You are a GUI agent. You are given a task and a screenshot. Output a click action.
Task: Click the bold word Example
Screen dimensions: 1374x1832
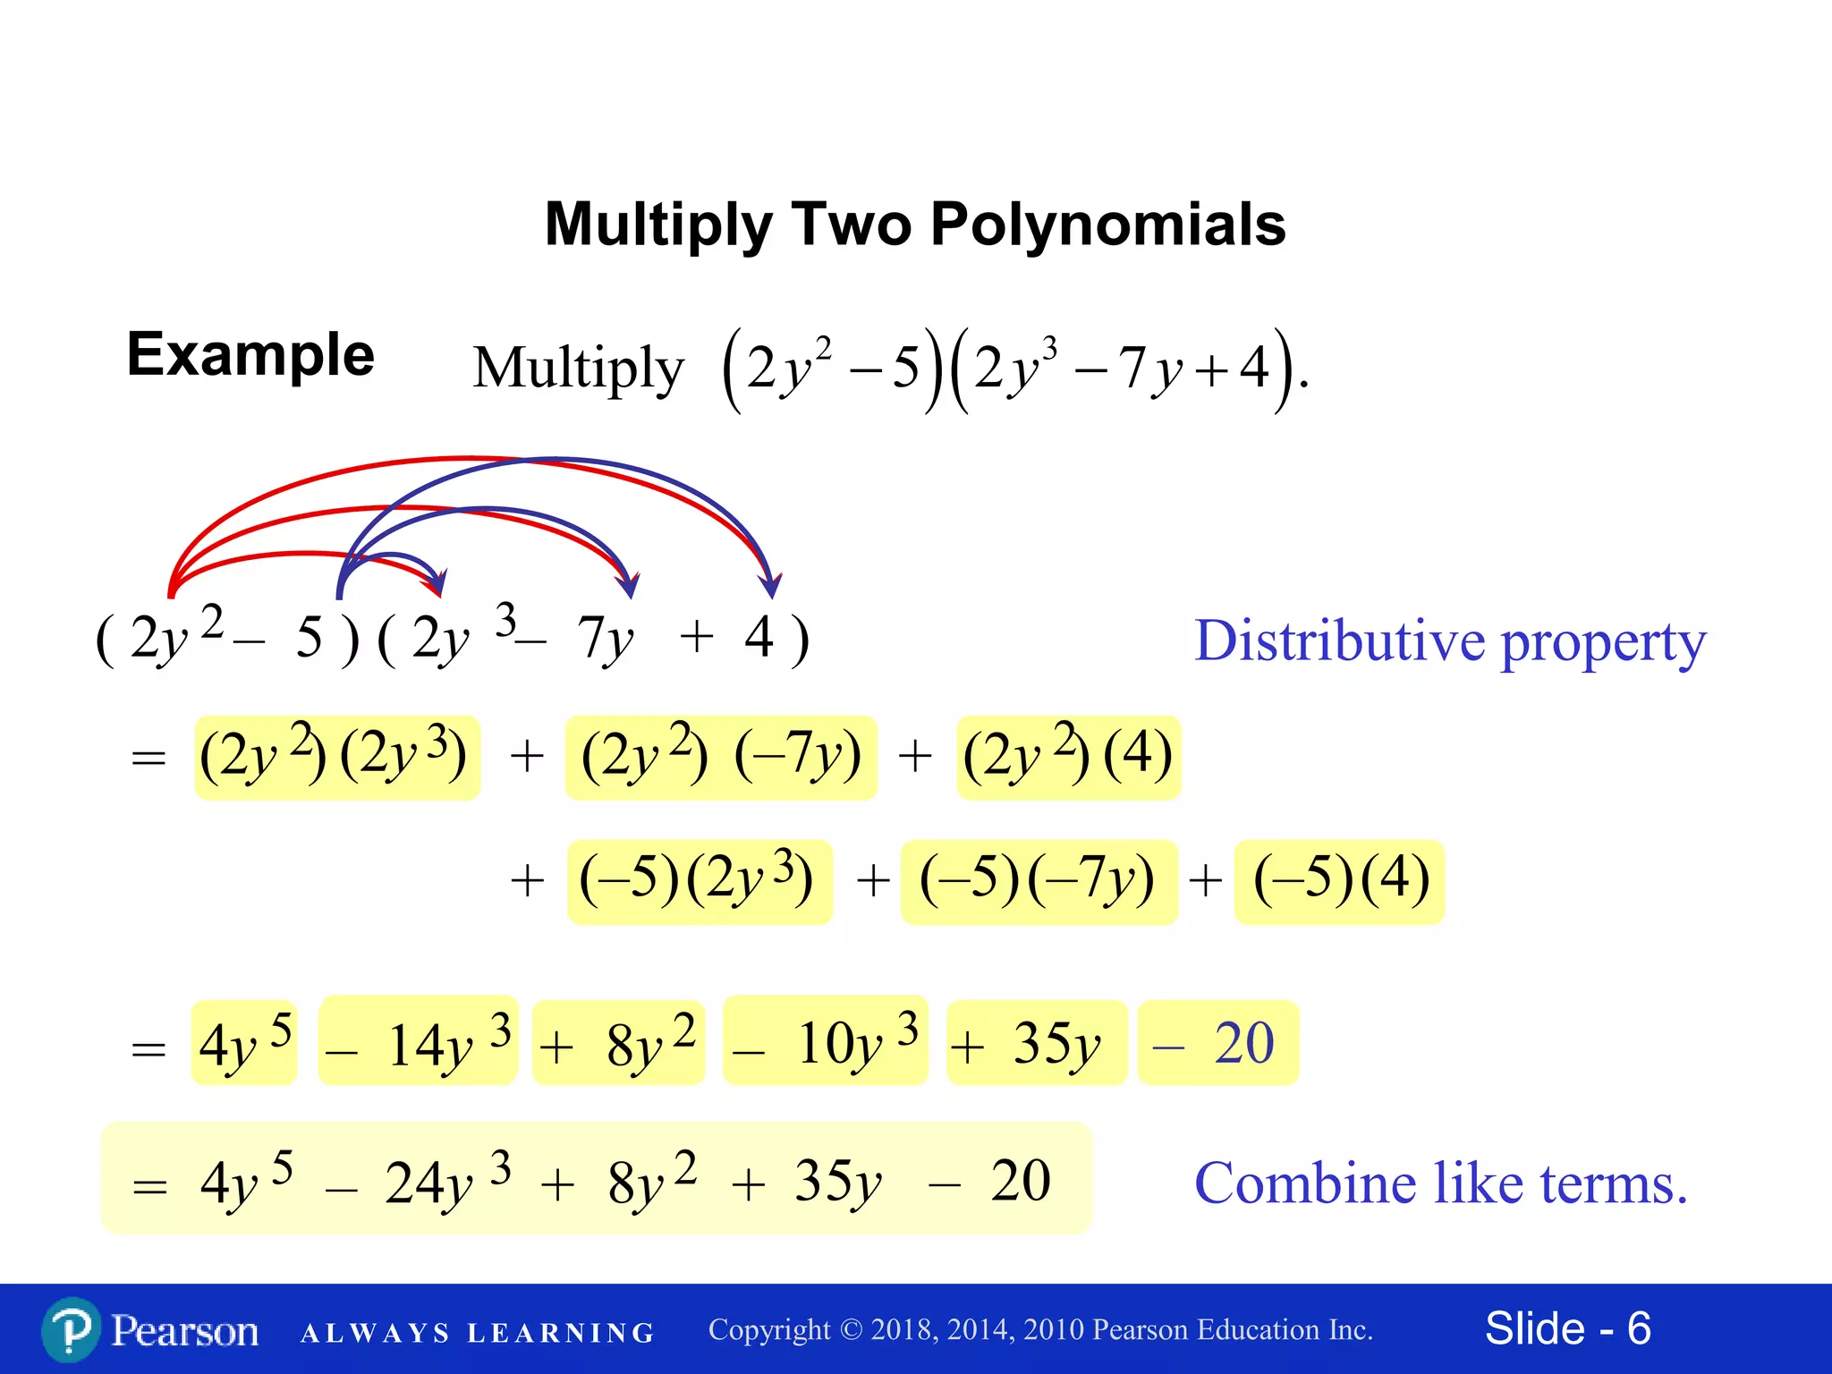pyautogui.click(x=250, y=355)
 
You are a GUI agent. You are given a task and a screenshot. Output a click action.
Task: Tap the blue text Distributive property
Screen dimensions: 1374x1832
pyautogui.click(x=1450, y=641)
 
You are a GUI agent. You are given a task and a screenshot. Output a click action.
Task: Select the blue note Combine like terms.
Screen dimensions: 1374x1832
pyautogui.click(x=1440, y=1183)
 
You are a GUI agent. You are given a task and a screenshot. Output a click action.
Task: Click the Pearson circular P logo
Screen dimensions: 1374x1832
pyautogui.click(x=71, y=1330)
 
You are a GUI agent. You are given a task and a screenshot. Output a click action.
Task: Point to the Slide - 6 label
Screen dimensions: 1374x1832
pyautogui.click(x=1567, y=1328)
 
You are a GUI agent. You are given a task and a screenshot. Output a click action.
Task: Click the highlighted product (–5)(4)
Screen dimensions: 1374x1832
pyautogui.click(x=1339, y=881)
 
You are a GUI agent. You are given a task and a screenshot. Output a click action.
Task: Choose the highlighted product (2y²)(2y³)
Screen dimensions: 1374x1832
pyautogui.click(x=336, y=757)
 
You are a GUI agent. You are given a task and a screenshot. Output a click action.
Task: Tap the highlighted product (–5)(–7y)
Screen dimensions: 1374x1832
pyautogui.click(x=1038, y=881)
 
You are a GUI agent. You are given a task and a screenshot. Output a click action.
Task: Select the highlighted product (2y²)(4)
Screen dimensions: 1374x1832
pyautogui.click(x=1068, y=757)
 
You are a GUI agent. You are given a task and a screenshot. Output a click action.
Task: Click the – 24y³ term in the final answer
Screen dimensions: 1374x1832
pyautogui.click(x=420, y=1183)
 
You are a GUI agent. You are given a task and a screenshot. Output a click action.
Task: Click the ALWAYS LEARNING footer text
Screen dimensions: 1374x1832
pyautogui.click(x=478, y=1333)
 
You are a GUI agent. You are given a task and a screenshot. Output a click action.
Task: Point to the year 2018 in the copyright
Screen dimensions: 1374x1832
pyautogui.click(x=903, y=1330)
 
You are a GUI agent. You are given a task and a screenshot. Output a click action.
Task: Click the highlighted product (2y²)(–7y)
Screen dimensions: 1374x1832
pyautogui.click(x=721, y=757)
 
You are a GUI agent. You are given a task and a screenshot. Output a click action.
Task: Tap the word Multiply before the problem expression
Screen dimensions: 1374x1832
pyautogui.click(x=578, y=368)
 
